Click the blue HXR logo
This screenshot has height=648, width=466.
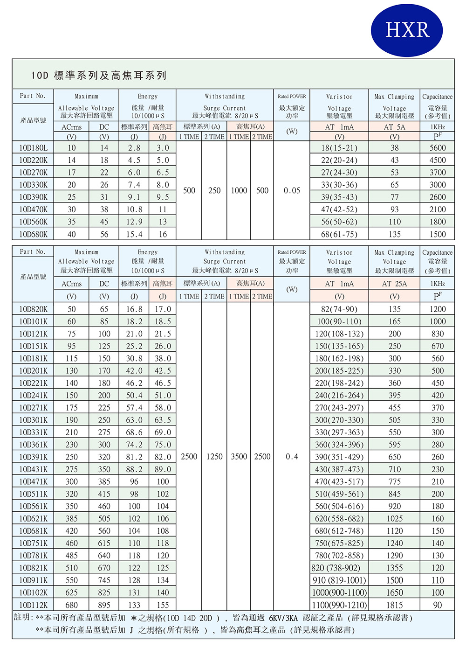point(407,30)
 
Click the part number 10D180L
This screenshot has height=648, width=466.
point(33,148)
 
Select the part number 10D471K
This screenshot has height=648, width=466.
point(33,481)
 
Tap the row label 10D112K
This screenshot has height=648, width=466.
point(33,605)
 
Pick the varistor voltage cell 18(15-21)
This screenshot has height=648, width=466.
point(339,148)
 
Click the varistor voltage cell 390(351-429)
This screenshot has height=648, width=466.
point(339,457)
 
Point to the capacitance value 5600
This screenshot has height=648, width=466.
point(438,148)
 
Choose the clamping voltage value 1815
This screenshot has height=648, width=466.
point(395,605)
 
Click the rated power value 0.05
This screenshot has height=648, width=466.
point(292,190)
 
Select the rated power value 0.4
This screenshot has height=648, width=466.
point(292,457)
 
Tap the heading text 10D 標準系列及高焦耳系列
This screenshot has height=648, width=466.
point(99,76)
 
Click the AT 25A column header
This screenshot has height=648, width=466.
point(395,284)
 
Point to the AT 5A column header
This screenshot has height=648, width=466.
point(395,127)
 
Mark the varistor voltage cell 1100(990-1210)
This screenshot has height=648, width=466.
point(339,605)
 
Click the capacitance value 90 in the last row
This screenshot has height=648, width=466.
point(438,605)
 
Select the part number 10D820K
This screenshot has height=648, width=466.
point(33,309)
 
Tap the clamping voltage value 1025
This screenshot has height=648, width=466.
point(395,519)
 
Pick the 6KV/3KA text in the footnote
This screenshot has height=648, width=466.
point(283,618)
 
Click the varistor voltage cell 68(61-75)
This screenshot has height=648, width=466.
point(339,234)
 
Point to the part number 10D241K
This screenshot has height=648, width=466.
point(33,396)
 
